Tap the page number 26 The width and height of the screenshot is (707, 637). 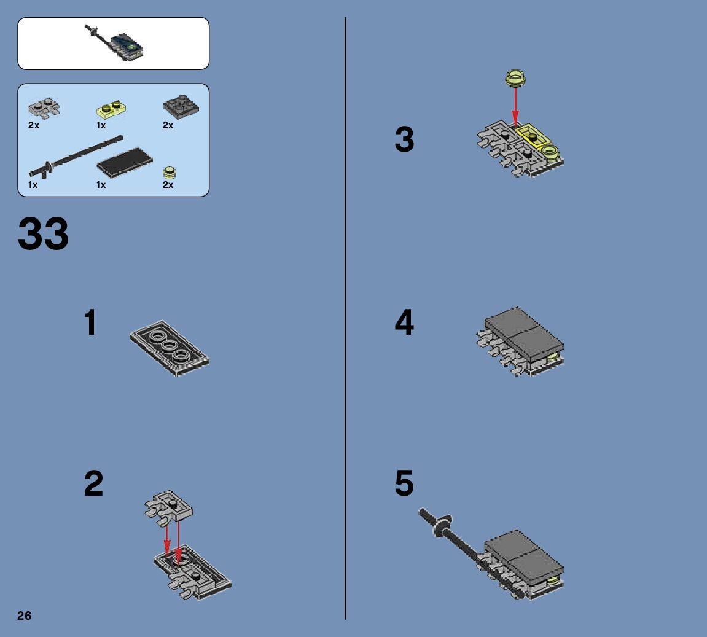point(25,616)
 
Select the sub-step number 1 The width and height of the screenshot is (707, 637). point(91,322)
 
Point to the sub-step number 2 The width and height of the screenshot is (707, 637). point(93,483)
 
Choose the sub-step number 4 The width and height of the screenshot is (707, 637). point(404,322)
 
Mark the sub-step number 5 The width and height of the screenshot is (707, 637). point(404,483)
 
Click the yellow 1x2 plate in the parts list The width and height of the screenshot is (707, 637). point(111,109)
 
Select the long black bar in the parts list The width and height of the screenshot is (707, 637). point(76,156)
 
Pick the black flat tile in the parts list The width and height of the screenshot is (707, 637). point(125,162)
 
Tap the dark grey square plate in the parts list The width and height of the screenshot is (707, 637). point(181,107)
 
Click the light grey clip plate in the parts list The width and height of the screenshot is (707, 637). point(44,107)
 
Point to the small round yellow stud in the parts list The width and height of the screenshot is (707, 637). point(170,172)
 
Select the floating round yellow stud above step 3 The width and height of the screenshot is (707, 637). point(515,78)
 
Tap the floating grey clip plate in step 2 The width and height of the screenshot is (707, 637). point(168,507)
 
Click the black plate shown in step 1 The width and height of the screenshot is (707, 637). point(170,348)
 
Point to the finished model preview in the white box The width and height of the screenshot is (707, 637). point(114,43)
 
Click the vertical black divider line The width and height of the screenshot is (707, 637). point(345,318)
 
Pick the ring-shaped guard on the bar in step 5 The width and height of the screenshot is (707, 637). point(442,526)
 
